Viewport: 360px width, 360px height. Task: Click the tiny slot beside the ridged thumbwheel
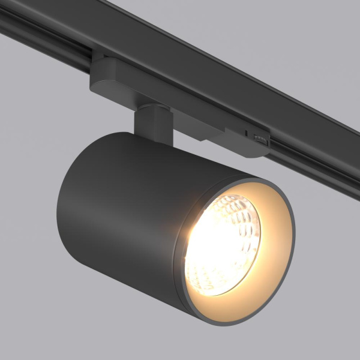tap(247, 131)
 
